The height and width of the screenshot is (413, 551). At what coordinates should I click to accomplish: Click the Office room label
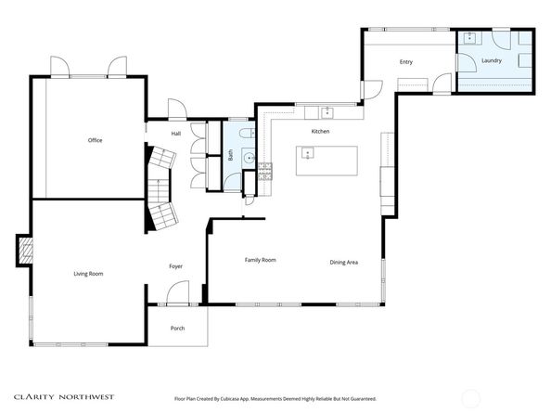pos(95,140)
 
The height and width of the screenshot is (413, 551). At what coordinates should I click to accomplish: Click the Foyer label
pos(175,266)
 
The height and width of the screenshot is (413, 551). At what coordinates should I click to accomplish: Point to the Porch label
pos(177,329)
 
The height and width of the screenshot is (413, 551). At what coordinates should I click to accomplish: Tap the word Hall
pos(175,134)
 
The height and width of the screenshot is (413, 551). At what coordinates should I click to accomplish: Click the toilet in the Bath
pos(245,135)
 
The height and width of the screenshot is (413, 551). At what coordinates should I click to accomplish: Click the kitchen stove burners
pos(264,169)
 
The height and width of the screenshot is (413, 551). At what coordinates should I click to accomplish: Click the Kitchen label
pos(320,132)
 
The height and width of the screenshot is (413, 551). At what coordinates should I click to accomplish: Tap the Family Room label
pos(260,260)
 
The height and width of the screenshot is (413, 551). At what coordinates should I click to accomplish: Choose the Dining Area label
pos(344,263)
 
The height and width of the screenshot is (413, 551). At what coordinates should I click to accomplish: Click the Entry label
pos(405,62)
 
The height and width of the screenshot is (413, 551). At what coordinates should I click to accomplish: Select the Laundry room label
pos(492,61)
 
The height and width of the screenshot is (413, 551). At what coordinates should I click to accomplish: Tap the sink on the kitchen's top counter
pos(327,112)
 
